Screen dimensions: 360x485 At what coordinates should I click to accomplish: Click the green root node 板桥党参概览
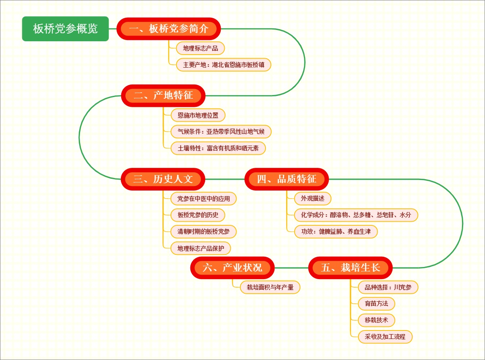click(x=65, y=29)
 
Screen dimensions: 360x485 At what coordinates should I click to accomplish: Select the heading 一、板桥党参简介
click(x=169, y=29)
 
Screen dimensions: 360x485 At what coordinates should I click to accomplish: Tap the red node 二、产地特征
click(x=163, y=96)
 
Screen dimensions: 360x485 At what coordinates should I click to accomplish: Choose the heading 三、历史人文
click(x=163, y=179)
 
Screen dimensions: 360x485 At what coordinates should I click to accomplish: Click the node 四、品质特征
click(x=287, y=179)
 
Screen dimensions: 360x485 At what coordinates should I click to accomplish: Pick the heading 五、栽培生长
click(x=350, y=268)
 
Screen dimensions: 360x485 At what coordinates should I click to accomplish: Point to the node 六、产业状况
click(x=232, y=268)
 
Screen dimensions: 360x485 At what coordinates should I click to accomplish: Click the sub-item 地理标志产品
click(x=200, y=49)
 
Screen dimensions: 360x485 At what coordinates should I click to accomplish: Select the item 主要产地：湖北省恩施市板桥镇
click(x=224, y=65)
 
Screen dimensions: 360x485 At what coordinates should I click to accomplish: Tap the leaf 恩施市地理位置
click(x=195, y=115)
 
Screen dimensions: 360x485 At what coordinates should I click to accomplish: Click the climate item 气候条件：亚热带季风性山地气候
click(x=221, y=131)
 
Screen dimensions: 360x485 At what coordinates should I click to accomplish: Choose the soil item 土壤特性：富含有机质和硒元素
click(x=218, y=148)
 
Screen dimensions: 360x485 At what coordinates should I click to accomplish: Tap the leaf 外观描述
click(x=310, y=199)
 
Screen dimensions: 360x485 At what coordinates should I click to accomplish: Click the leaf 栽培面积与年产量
click(x=267, y=288)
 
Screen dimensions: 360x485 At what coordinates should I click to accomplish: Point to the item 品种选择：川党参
click(x=388, y=288)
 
